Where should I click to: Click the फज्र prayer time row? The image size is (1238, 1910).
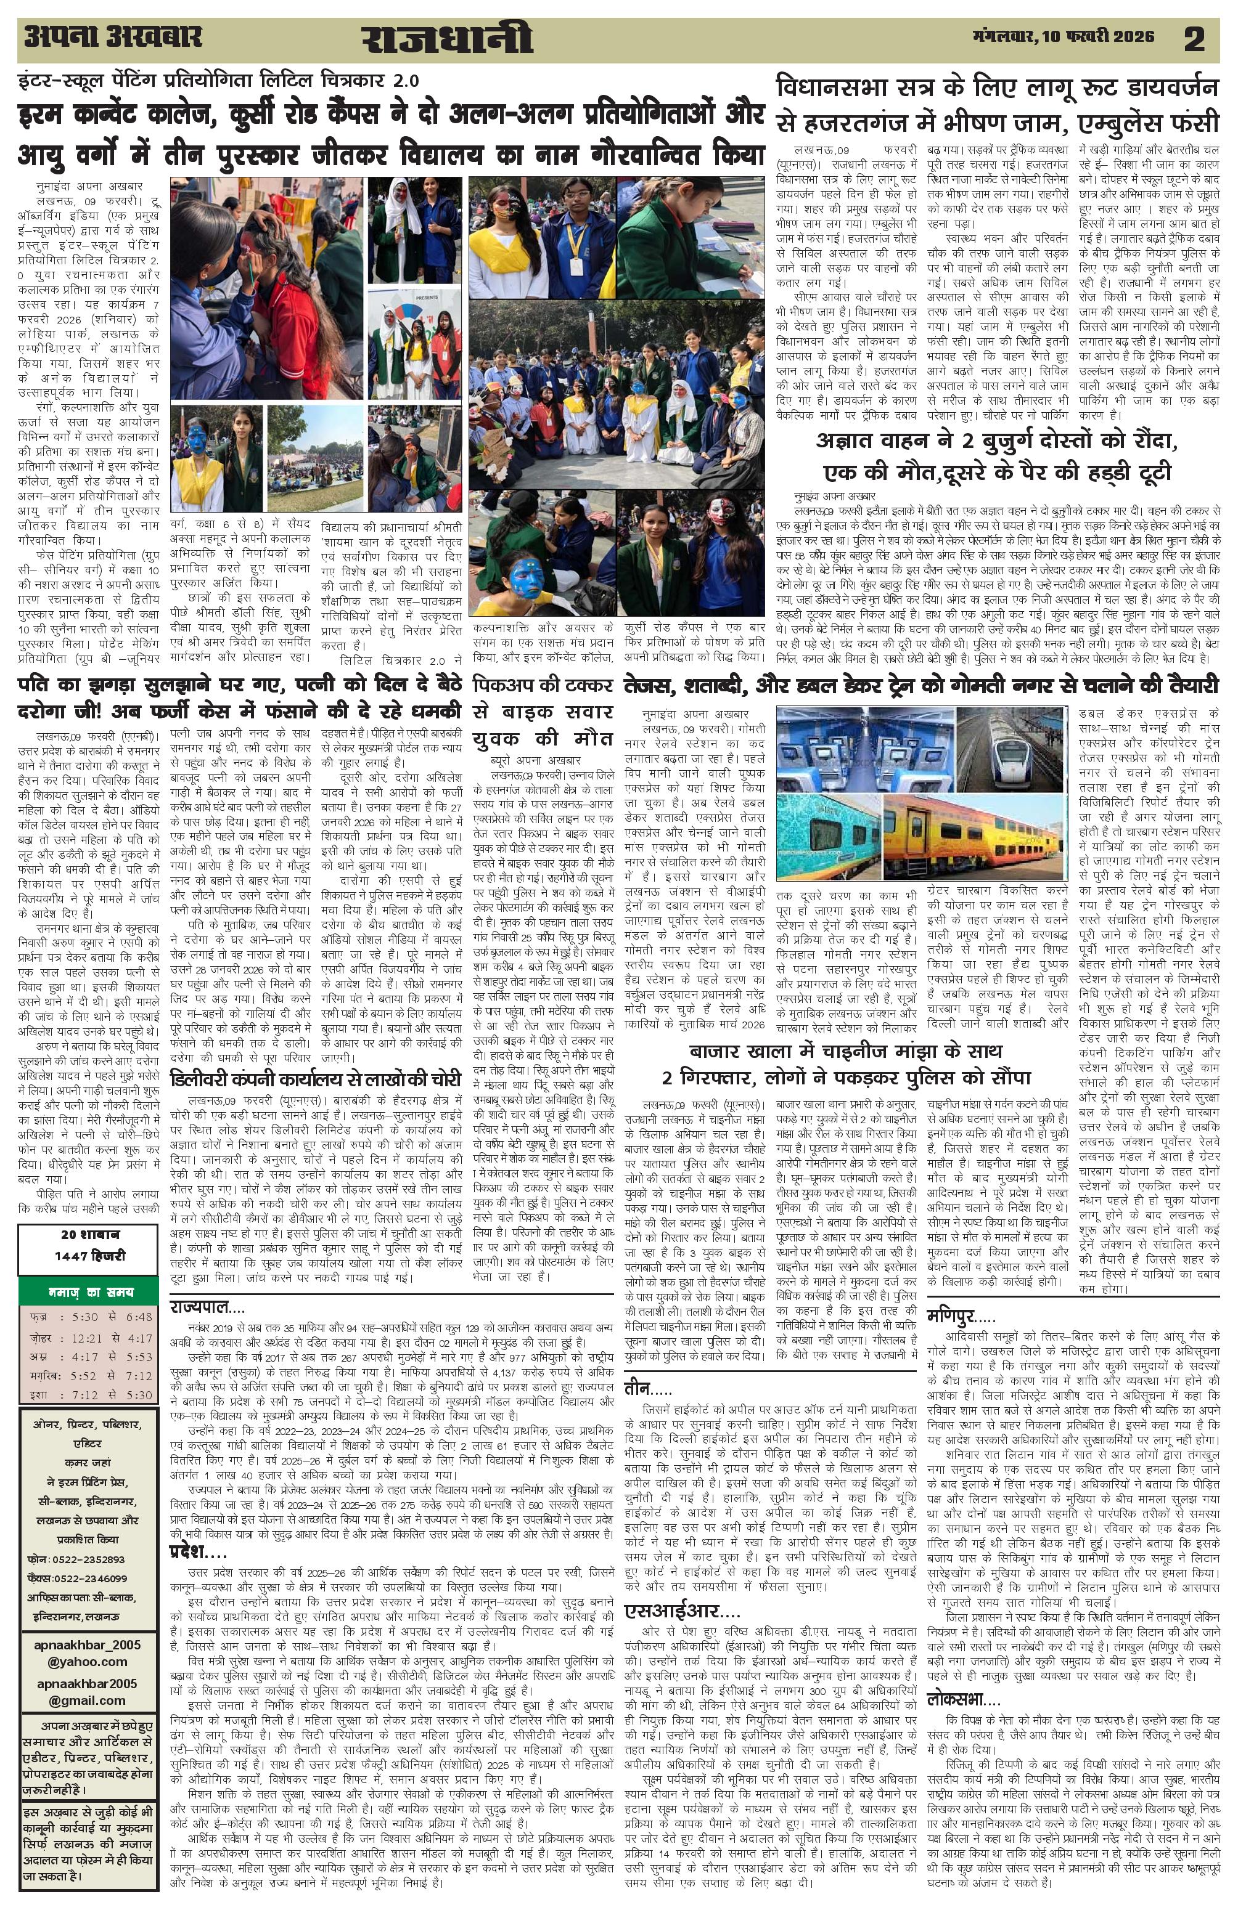88,1317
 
